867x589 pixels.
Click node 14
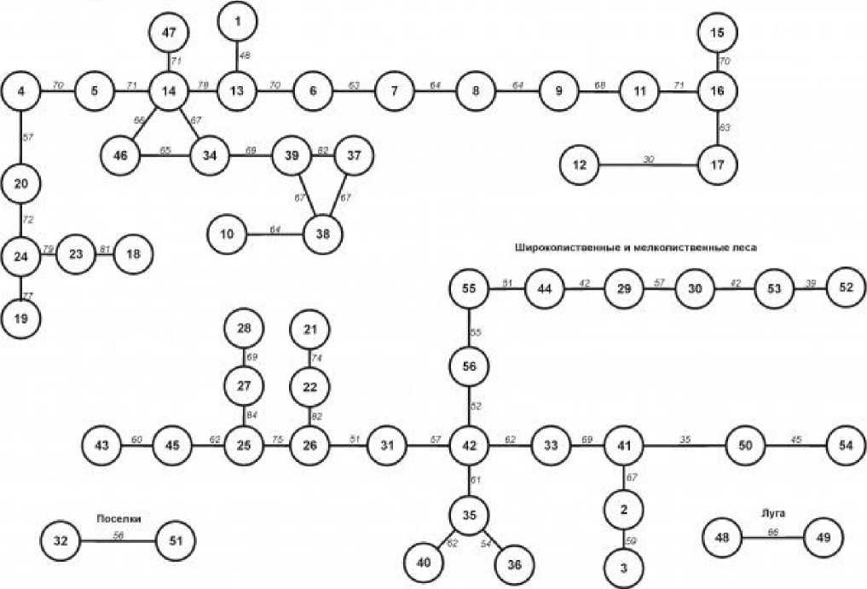coord(169,90)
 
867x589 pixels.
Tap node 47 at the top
coord(169,34)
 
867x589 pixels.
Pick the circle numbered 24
coord(20,256)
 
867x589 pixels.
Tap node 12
coord(581,165)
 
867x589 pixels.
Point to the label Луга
coord(773,513)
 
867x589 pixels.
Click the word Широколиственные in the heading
coord(566,247)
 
